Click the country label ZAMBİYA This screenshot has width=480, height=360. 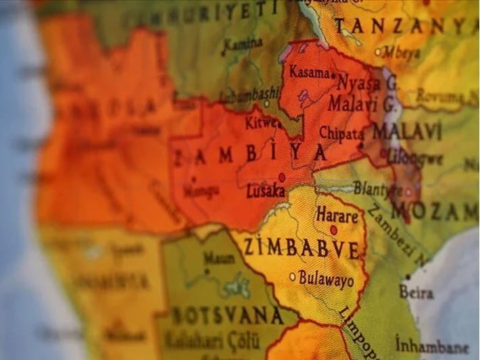coord(251,155)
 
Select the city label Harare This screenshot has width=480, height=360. coord(336,217)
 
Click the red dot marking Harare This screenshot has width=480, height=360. coord(333,230)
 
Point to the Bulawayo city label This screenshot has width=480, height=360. coord(327,276)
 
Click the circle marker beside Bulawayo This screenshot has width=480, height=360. coord(293,276)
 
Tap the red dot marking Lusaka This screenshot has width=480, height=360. coord(282,178)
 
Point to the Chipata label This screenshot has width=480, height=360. coord(341,133)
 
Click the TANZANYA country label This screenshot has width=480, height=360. coord(406,26)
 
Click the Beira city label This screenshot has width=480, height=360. coord(416,292)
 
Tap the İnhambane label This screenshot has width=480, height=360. coord(432,345)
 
